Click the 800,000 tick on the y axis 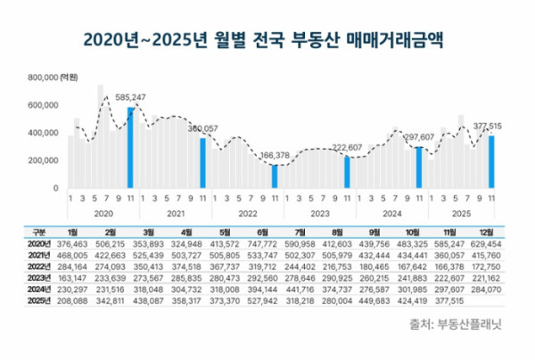(43, 78)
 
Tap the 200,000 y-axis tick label (43, 161)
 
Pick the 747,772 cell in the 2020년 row (268, 242)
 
